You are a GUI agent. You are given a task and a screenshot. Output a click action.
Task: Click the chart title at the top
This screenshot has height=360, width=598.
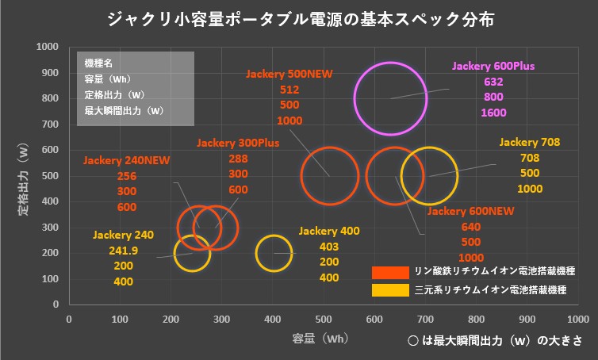pos(299,18)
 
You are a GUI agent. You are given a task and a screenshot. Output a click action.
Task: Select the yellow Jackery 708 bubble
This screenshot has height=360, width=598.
pos(430,175)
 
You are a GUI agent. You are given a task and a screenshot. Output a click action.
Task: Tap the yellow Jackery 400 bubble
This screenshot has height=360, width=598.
pos(274,253)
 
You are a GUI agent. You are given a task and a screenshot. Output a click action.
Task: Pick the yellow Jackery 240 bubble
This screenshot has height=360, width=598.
pos(191,254)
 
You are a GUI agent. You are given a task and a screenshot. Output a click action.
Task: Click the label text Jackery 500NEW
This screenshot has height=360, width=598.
pos(289,74)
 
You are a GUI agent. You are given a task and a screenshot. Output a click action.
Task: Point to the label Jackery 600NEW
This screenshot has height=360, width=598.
pos(471,211)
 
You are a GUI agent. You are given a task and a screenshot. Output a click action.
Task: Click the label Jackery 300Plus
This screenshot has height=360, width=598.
pos(238,144)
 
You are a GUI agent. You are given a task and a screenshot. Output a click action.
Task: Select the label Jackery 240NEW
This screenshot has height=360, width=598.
pos(127,160)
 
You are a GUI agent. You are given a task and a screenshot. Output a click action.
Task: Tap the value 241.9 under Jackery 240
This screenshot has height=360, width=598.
pos(123,251)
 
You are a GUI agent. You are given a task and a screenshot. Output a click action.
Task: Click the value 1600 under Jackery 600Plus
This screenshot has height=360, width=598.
pos(493,113)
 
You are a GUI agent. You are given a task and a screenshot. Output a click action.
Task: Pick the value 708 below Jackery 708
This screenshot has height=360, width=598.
pos(530,158)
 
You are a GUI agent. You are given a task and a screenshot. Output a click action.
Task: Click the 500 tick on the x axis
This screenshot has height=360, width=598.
pos(324,319)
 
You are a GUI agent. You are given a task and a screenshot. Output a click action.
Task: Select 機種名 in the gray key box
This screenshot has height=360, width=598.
pos(98,62)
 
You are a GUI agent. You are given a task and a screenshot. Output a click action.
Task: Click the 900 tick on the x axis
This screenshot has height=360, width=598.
pos(527,319)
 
